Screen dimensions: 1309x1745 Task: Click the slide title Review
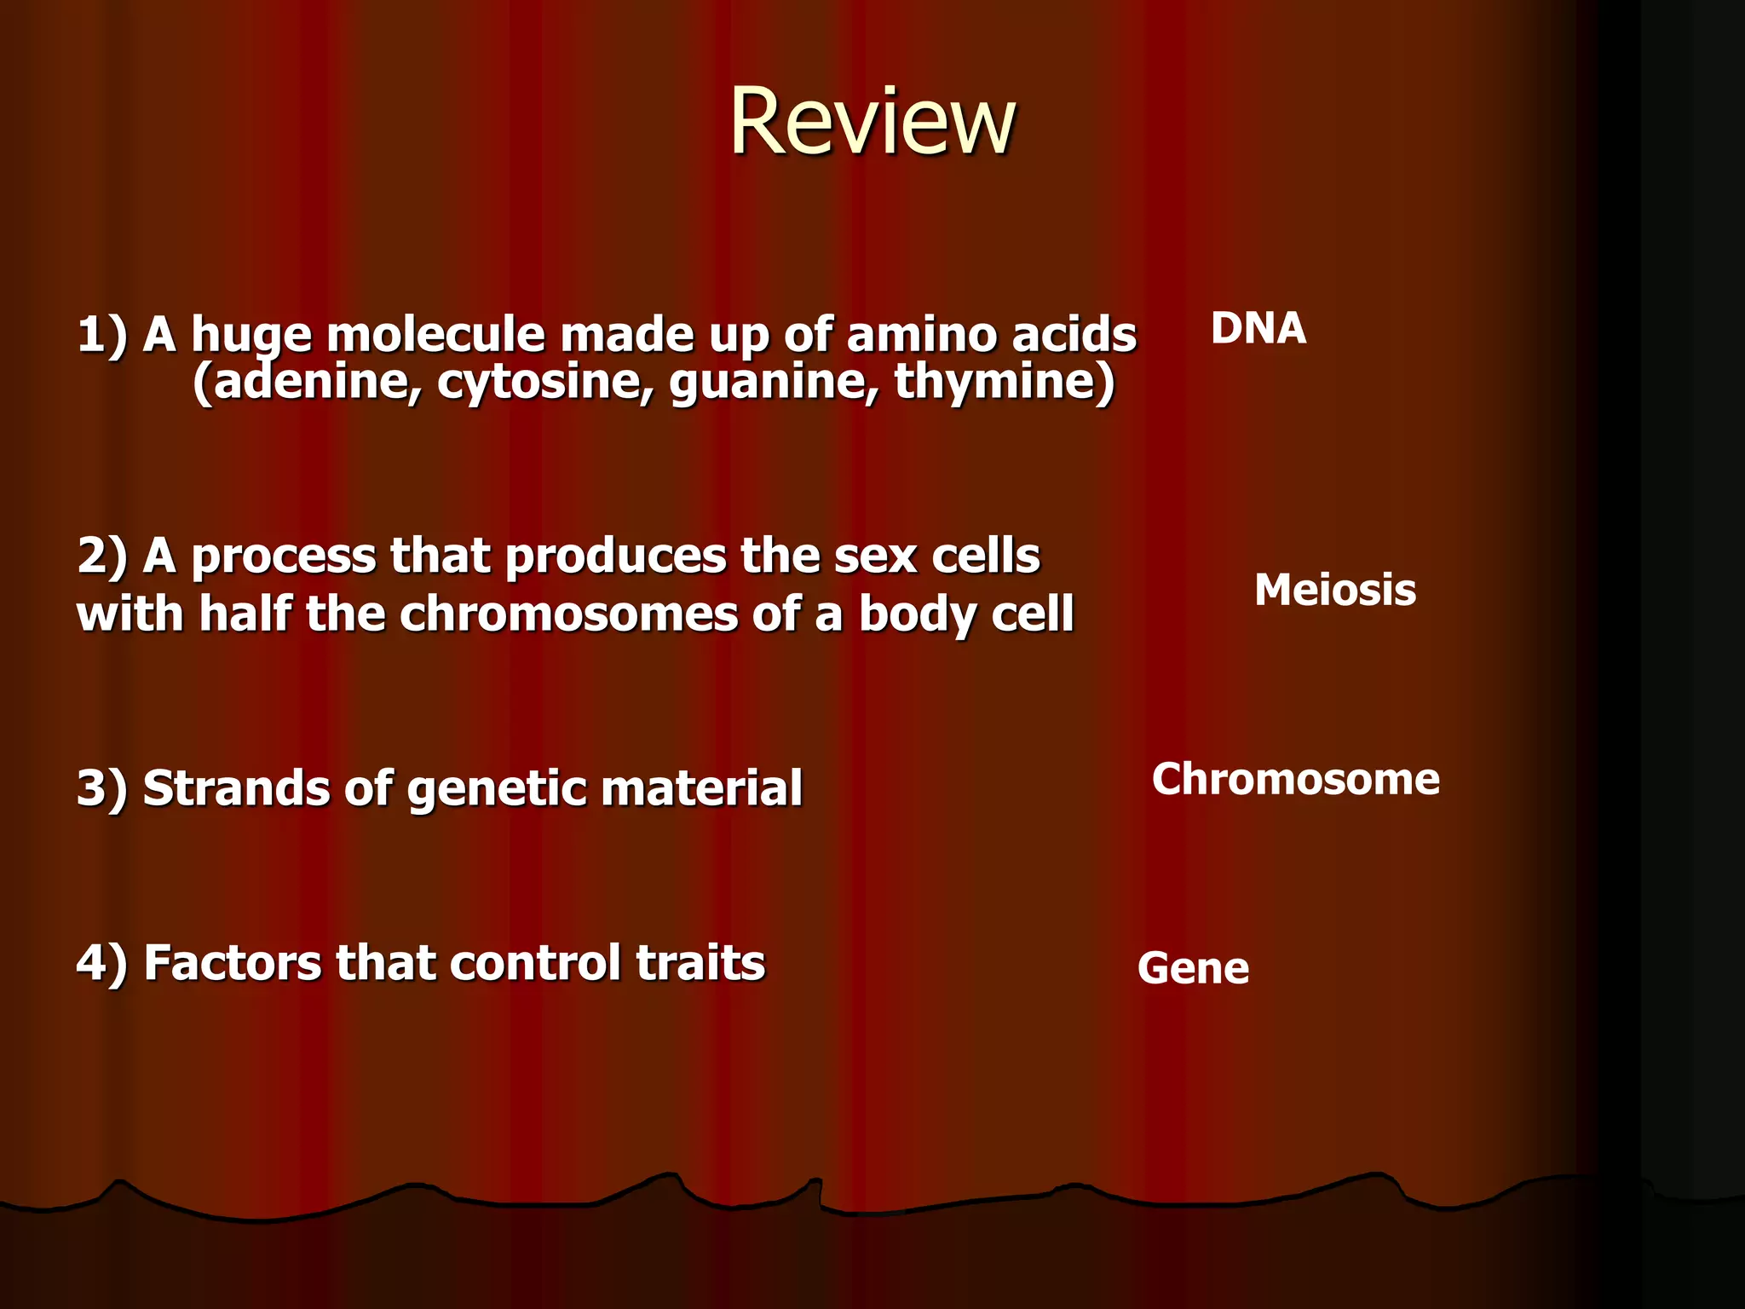click(x=872, y=122)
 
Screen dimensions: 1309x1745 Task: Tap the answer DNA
click(x=1258, y=328)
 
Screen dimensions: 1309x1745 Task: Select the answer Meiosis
click(x=1334, y=590)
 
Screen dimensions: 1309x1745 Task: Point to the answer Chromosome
click(x=1295, y=779)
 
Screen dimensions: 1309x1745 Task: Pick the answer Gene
click(x=1193, y=968)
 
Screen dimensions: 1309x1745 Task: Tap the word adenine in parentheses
click(x=315, y=381)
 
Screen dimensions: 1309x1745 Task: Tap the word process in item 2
click(x=283, y=557)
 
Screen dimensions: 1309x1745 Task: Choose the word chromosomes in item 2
click(x=567, y=614)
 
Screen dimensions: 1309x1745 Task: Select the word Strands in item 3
click(x=235, y=787)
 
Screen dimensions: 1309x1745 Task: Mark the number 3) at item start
click(x=101, y=787)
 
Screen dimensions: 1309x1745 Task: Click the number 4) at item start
click(x=101, y=963)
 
